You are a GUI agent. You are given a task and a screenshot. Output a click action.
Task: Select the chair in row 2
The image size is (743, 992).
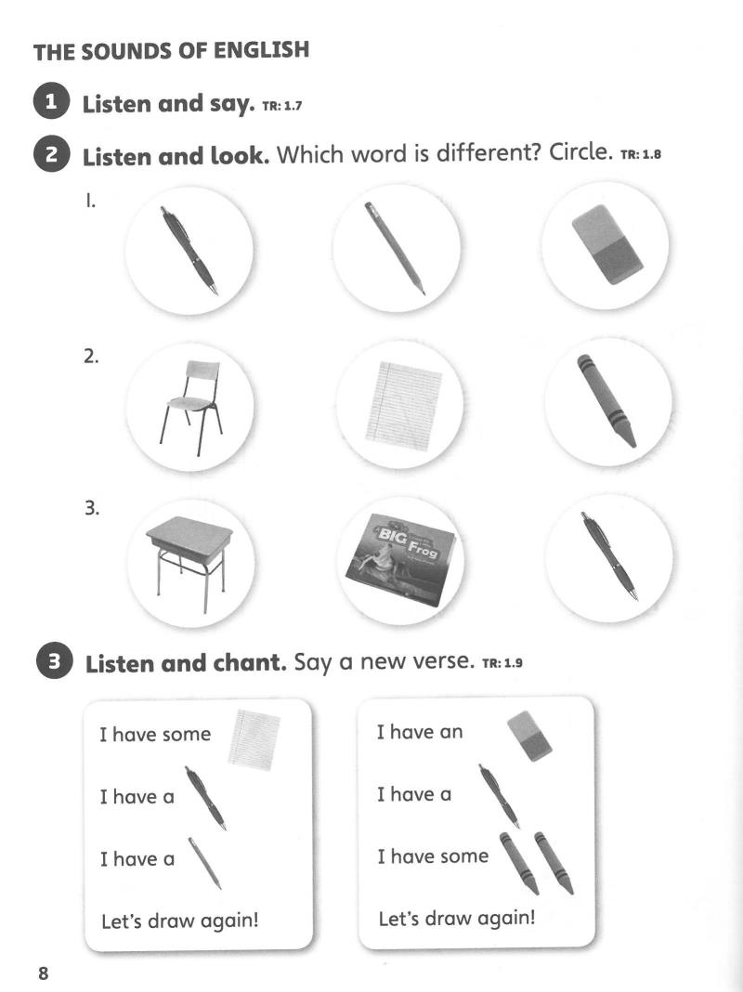[x=189, y=400]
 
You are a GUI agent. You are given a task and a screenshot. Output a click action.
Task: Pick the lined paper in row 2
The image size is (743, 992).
[x=402, y=405]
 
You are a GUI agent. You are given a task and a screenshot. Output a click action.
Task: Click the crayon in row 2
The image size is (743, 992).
[x=606, y=398]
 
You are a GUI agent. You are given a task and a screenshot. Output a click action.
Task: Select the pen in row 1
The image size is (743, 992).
[x=189, y=249]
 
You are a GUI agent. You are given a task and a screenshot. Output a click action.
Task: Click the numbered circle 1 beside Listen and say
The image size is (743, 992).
[x=52, y=102]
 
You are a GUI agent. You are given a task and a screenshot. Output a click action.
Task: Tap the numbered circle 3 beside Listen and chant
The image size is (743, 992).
[x=54, y=662]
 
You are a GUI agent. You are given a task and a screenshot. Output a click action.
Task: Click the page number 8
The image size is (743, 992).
[x=43, y=973]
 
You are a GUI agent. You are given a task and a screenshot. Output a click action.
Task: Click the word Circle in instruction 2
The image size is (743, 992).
[x=577, y=152]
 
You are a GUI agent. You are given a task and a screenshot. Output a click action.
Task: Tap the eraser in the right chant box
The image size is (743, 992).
[x=529, y=735]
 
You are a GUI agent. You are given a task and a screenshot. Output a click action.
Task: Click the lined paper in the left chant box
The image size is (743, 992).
[x=255, y=738]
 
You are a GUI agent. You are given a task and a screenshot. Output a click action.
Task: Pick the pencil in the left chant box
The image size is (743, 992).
[x=205, y=862]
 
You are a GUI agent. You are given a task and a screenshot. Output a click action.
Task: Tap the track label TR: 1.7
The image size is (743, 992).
[x=282, y=106]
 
